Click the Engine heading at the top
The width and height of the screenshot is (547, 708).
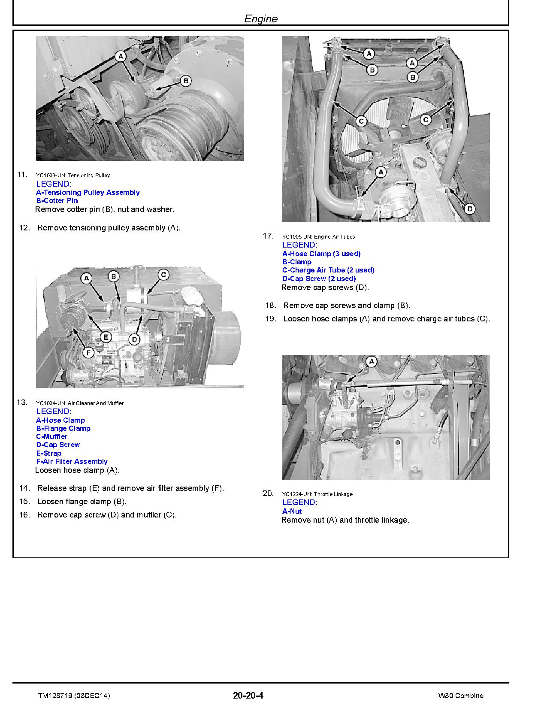click(x=261, y=19)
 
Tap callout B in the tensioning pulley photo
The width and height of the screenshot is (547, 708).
click(x=185, y=80)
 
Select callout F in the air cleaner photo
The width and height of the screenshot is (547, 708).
click(x=88, y=353)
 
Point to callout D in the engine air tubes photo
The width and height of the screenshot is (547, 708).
click(x=470, y=209)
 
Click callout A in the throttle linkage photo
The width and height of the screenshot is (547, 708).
click(x=372, y=362)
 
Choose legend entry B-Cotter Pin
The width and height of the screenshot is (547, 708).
click(x=57, y=201)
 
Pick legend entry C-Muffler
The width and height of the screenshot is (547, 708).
click(x=52, y=437)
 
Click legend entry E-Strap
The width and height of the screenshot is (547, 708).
click(x=49, y=454)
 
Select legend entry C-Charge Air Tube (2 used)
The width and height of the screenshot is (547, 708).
click(x=328, y=270)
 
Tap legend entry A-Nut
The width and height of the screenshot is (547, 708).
click(x=292, y=511)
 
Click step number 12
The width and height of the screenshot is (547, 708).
click(x=24, y=228)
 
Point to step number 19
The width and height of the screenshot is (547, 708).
click(x=270, y=319)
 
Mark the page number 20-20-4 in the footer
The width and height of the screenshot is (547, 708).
click(x=248, y=696)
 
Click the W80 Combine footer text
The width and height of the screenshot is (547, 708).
click(x=461, y=696)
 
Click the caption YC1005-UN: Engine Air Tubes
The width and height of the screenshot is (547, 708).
click(x=318, y=237)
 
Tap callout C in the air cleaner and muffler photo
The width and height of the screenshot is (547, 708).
click(x=163, y=275)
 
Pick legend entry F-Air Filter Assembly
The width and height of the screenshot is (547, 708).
click(x=72, y=462)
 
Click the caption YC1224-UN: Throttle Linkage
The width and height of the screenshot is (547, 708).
click(x=317, y=494)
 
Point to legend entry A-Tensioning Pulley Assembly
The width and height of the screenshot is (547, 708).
click(x=88, y=193)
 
